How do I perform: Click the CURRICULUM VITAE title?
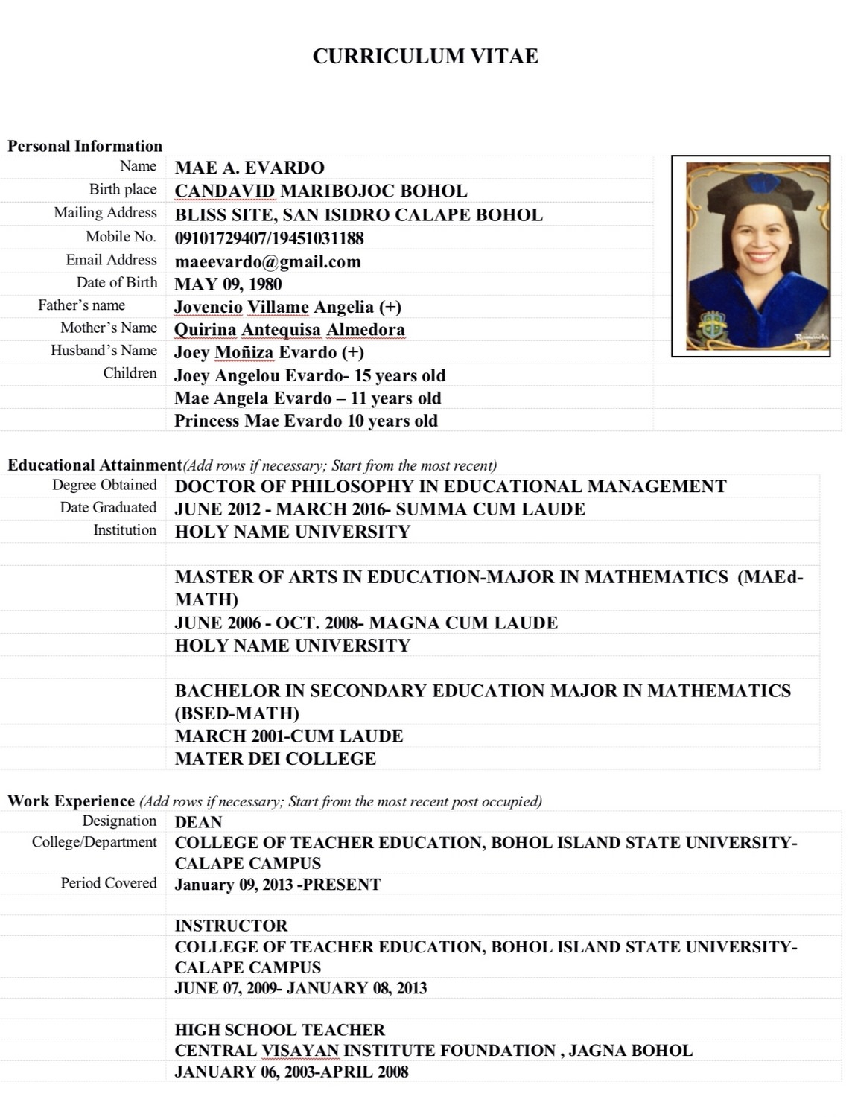(425, 57)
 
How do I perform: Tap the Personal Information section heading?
(85, 146)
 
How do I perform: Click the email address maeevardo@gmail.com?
(267, 261)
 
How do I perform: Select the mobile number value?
(269, 238)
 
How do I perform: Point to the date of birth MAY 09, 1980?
(228, 284)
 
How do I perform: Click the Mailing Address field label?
(105, 213)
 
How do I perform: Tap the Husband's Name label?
(104, 350)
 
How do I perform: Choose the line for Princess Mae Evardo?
(305, 421)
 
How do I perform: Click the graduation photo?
(751, 256)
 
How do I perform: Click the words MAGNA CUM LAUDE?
(463, 623)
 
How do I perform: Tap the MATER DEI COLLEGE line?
(275, 759)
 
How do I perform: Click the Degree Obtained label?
(104, 485)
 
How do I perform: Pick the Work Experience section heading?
(71, 801)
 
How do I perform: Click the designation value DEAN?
(198, 822)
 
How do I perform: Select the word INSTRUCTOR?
(231, 926)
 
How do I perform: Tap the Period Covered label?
(109, 883)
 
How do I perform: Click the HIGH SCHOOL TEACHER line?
(279, 1030)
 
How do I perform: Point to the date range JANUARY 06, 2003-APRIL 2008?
(291, 1072)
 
